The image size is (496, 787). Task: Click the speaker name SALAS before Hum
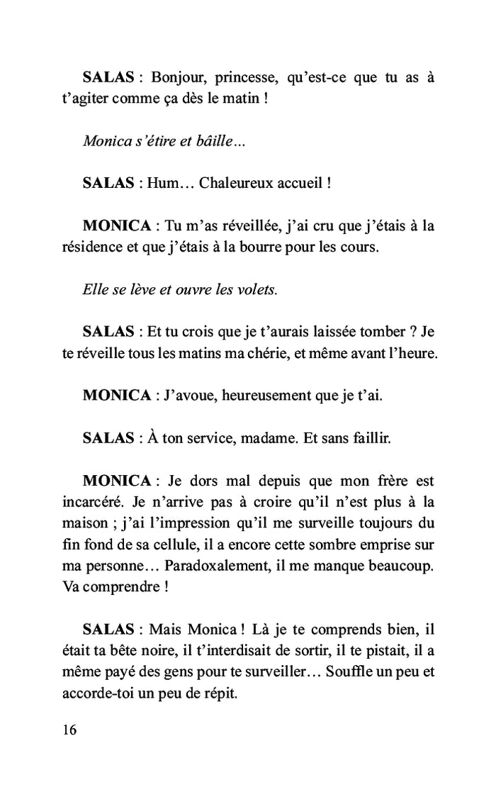[108, 183]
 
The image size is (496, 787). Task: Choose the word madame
[266, 438]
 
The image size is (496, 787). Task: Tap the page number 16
[70, 730]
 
